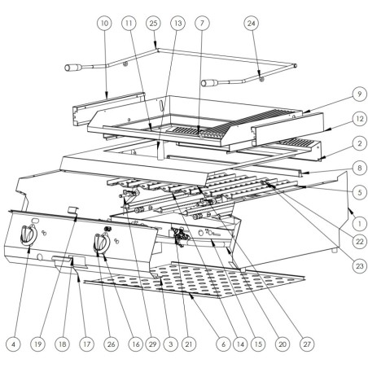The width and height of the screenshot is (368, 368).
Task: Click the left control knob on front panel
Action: [x=28, y=235]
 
